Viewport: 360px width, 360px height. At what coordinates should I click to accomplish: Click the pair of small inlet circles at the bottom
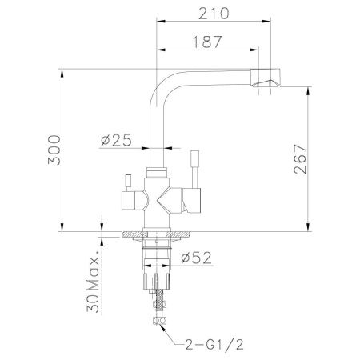(158, 322)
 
